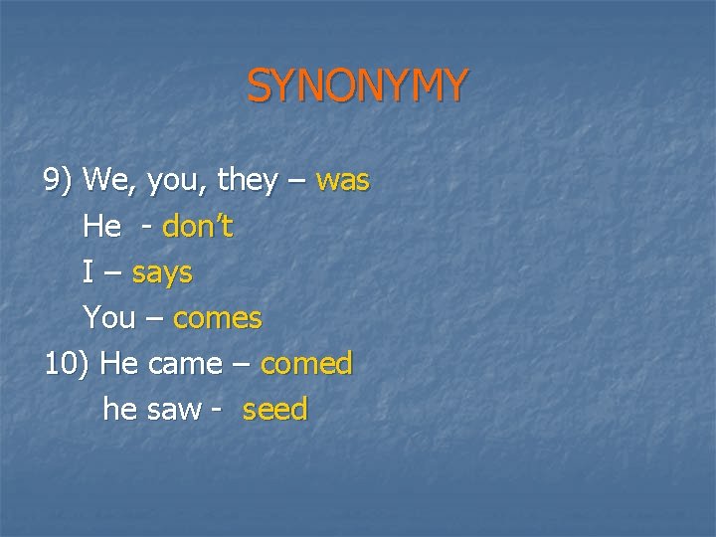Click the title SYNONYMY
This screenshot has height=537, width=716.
pyautogui.click(x=356, y=87)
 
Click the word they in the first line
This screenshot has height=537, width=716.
pyautogui.click(x=247, y=181)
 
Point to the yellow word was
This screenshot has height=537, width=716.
pyautogui.click(x=342, y=181)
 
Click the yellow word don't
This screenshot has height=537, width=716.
pyautogui.click(x=197, y=227)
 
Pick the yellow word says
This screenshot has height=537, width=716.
pyautogui.click(x=162, y=272)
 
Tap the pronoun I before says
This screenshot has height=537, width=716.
pyautogui.click(x=89, y=272)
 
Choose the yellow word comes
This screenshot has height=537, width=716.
pyautogui.click(x=217, y=318)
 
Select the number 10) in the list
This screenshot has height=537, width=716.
pyautogui.click(x=67, y=364)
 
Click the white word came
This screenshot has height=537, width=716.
pyautogui.click(x=184, y=364)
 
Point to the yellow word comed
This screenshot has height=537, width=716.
pyautogui.click(x=306, y=364)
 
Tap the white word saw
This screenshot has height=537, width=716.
pyautogui.click(x=173, y=410)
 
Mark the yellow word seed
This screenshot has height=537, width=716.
pyautogui.click(x=275, y=410)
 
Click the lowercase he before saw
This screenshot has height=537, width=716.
pyautogui.click(x=119, y=410)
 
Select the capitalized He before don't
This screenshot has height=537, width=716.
pyautogui.click(x=102, y=227)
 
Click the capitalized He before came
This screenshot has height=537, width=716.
pyautogui.click(x=119, y=364)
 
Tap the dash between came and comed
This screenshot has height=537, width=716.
pyautogui.click(x=241, y=365)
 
